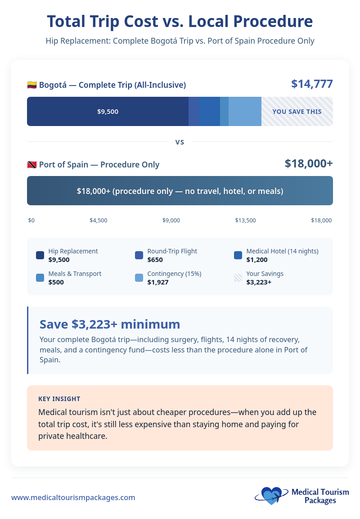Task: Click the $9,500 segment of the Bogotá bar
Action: pos(108,112)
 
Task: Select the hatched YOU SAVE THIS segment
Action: pos(297,112)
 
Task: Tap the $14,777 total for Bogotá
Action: pos(312,84)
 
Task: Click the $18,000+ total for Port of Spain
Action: pos(309,163)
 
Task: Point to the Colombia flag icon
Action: pos(32,85)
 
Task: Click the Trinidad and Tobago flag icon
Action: pos(32,165)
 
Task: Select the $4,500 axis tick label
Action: pos(98,221)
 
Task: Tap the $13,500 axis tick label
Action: pos(245,221)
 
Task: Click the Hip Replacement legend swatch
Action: pos(40,255)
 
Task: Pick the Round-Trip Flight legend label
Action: pos(172,251)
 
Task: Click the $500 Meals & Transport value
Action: pos(56,282)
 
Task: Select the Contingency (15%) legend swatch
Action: pos(139,278)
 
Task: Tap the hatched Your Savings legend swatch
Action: pos(238,278)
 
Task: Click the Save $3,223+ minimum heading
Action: pos(110,324)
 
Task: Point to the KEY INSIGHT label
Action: pos(59,399)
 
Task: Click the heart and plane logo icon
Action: pos(270,496)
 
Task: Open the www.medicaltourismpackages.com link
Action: pos(73,497)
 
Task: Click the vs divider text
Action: pos(180,142)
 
